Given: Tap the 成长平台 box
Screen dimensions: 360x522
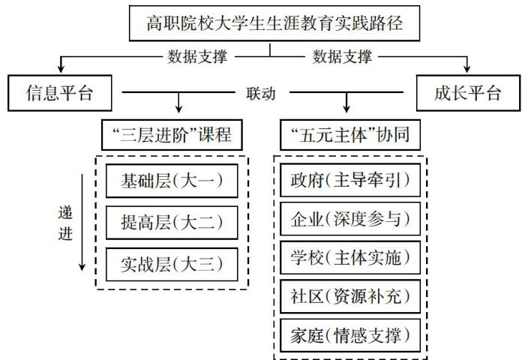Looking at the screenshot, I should [467, 94].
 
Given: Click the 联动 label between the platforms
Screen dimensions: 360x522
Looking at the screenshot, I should [260, 94].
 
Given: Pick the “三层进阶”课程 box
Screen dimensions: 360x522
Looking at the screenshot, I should [172, 136].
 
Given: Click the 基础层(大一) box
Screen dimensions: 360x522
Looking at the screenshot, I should [172, 181].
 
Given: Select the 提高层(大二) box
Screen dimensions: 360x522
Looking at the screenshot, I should [172, 223].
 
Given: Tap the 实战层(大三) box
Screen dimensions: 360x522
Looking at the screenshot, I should [172, 264].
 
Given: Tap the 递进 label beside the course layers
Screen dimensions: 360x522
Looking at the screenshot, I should [65, 222].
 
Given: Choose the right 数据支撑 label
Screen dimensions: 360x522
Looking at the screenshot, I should [342, 56].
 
